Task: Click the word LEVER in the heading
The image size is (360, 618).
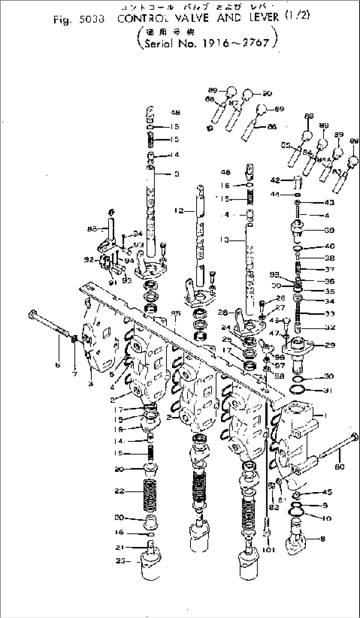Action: point(265,17)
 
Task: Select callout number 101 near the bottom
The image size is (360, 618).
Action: point(268,550)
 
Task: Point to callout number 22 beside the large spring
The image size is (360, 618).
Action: point(120,491)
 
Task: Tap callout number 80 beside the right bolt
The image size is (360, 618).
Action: point(339,466)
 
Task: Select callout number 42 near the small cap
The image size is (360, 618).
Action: point(275,180)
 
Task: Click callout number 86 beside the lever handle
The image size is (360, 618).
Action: point(272,126)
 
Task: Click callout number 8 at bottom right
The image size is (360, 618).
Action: point(323,539)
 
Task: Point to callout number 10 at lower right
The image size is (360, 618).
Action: point(326,518)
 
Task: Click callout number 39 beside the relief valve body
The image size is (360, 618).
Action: point(330,230)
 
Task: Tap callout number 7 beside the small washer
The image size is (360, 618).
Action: point(75,374)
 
